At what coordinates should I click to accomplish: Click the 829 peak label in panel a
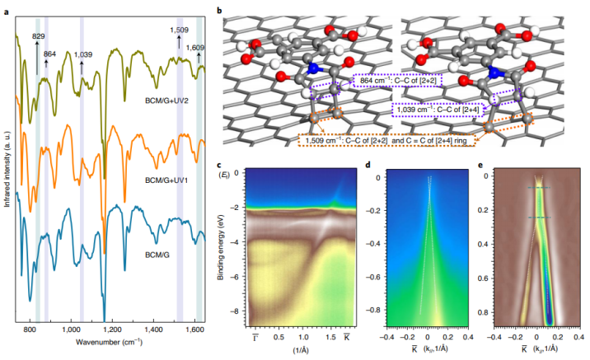click(38, 37)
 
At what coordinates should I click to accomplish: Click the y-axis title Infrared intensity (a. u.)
click(7, 165)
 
